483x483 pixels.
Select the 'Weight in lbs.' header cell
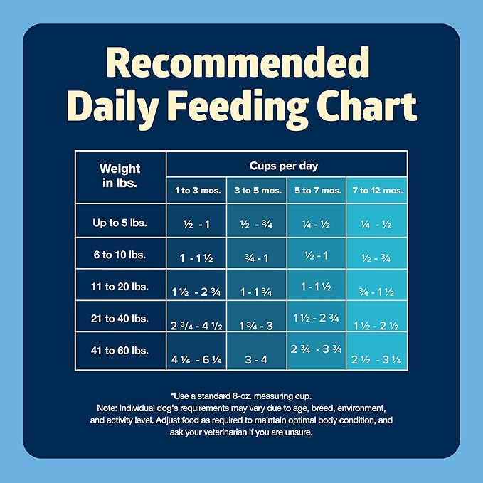(x=120, y=175)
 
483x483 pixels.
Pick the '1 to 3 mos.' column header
(x=196, y=190)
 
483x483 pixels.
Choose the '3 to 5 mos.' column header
(x=257, y=190)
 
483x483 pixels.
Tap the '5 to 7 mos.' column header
(x=316, y=190)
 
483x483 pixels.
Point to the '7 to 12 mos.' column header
(x=377, y=190)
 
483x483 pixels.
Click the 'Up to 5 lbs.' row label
(x=120, y=223)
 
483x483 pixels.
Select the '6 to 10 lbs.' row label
(x=120, y=254)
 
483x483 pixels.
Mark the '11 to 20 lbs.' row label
(x=120, y=287)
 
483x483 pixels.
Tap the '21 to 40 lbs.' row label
(x=120, y=319)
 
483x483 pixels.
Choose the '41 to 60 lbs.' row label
(x=120, y=351)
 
